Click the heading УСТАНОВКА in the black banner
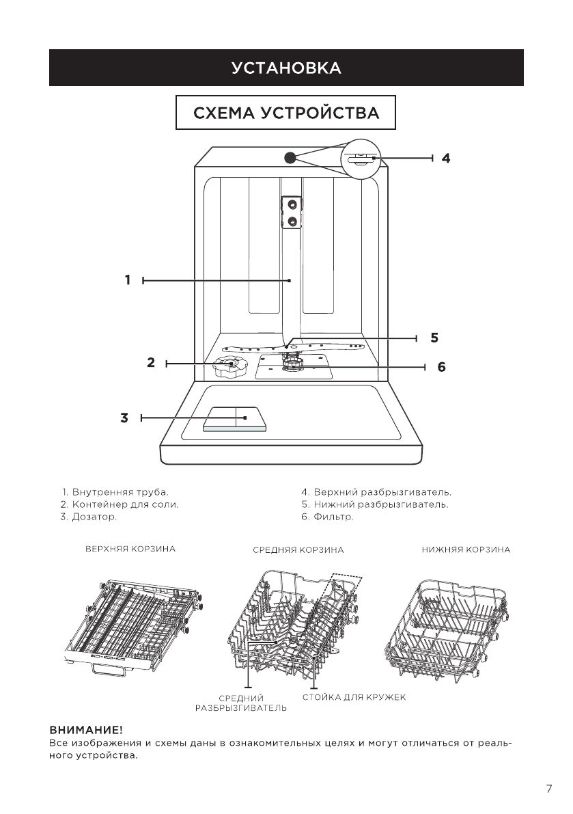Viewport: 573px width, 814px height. click(x=286, y=68)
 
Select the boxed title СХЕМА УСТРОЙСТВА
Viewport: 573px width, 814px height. click(x=286, y=113)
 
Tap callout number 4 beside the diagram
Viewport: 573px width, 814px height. click(x=445, y=158)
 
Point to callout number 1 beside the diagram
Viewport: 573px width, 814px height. click(x=128, y=280)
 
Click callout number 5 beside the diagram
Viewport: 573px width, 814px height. click(x=434, y=337)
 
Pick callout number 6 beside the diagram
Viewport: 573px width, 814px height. click(x=441, y=367)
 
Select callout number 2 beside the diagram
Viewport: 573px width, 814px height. click(x=151, y=363)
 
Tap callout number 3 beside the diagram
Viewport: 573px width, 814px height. click(x=124, y=418)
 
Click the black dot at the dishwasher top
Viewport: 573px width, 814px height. click(x=290, y=157)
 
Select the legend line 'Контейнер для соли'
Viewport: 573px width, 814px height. click(x=120, y=504)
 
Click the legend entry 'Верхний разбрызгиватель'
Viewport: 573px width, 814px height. click(x=376, y=491)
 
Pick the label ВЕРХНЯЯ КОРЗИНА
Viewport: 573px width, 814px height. click(x=130, y=549)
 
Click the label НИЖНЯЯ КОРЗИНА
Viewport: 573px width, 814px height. click(x=466, y=549)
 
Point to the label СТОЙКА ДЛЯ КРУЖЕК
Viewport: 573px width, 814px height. click(x=354, y=697)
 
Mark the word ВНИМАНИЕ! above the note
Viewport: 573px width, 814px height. click(x=85, y=731)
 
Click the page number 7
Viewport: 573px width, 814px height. click(x=549, y=789)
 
